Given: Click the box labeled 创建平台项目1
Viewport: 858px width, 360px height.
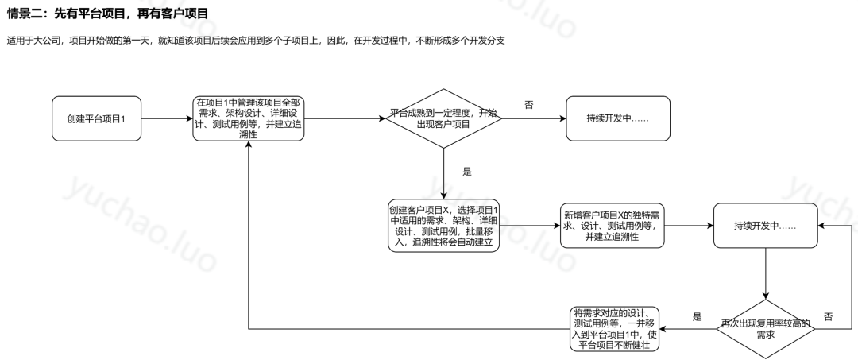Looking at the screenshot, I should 97,119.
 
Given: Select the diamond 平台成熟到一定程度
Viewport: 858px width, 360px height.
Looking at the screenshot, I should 444,119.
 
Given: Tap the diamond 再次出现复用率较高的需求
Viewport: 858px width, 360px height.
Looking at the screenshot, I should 765,329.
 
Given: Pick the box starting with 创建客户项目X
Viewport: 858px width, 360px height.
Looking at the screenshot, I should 443,226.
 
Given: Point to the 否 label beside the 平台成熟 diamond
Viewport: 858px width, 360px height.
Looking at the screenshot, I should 529,105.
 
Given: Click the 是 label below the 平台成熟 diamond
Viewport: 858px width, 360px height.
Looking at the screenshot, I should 466,171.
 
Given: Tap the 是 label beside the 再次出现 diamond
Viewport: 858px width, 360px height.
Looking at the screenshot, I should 697,316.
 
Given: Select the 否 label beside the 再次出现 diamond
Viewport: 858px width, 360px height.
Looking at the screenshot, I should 828,316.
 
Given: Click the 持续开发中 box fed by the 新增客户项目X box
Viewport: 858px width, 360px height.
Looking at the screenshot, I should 764,226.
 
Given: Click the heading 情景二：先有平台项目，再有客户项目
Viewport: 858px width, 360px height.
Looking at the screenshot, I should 107,13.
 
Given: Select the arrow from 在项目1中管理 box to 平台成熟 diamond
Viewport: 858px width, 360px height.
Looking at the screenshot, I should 346,119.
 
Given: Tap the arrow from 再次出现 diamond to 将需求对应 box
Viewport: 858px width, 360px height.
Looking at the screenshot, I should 690,329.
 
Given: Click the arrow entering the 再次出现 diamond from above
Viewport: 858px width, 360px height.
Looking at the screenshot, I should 764,274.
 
